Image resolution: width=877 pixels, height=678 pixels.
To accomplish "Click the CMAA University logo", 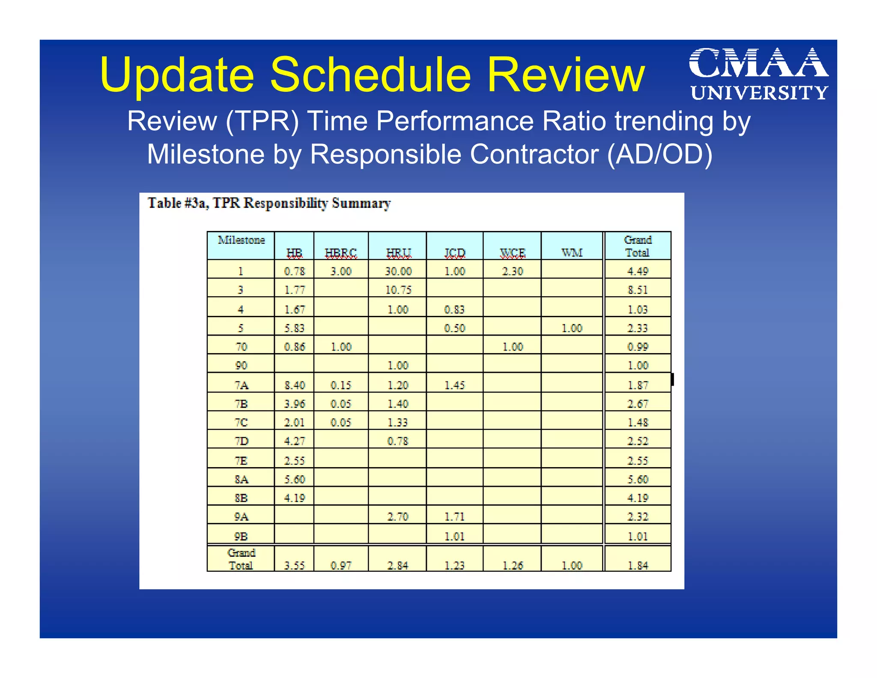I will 758,74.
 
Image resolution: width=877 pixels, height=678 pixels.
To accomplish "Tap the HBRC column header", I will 341,253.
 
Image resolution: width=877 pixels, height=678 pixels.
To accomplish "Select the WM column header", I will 572,253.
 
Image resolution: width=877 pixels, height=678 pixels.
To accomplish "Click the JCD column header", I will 454,253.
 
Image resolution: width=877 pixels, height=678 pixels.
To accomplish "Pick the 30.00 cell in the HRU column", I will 398,271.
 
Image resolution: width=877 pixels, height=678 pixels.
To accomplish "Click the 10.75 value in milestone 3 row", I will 398,290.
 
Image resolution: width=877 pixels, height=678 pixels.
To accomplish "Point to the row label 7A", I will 241,385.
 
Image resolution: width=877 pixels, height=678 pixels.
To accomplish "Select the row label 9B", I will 241,536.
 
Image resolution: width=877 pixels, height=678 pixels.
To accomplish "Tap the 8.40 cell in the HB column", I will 295,385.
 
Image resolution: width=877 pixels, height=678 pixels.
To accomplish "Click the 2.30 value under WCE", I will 513,271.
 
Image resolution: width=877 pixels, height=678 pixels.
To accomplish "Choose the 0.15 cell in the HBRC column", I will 341,385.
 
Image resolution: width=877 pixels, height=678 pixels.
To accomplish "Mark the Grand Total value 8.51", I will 638,290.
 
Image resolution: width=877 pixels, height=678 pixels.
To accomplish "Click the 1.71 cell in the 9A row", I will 454,517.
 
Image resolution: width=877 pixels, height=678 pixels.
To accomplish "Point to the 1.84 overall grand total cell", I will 638,566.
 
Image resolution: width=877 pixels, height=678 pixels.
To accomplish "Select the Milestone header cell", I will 241,240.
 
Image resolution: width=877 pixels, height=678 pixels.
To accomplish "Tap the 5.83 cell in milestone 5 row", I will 295,328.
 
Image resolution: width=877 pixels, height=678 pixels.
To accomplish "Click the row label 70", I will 241,347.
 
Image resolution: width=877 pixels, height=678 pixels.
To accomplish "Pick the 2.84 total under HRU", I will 398,566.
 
